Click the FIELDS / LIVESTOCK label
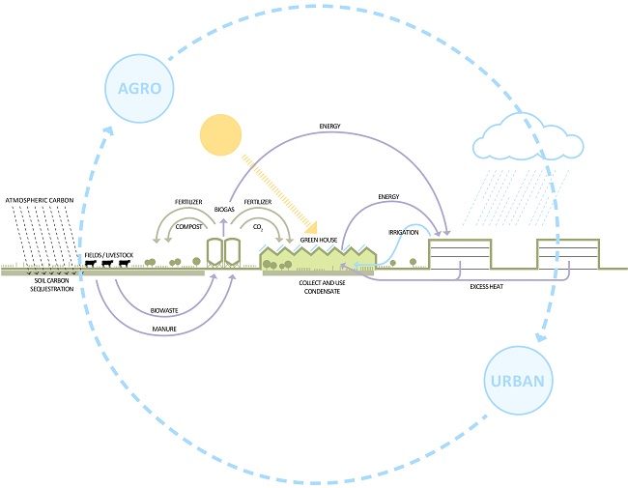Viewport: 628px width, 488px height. point(107,252)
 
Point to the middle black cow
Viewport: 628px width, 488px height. point(107,264)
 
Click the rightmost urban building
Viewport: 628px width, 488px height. point(568,254)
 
